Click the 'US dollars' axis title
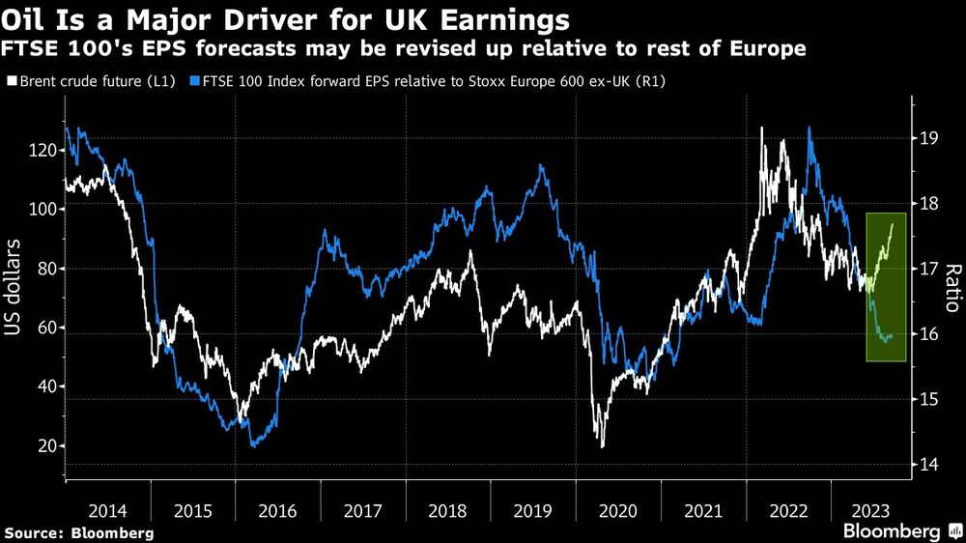point(18,299)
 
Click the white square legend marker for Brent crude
point(11,82)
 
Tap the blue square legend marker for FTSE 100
point(196,82)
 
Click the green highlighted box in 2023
point(886,287)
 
